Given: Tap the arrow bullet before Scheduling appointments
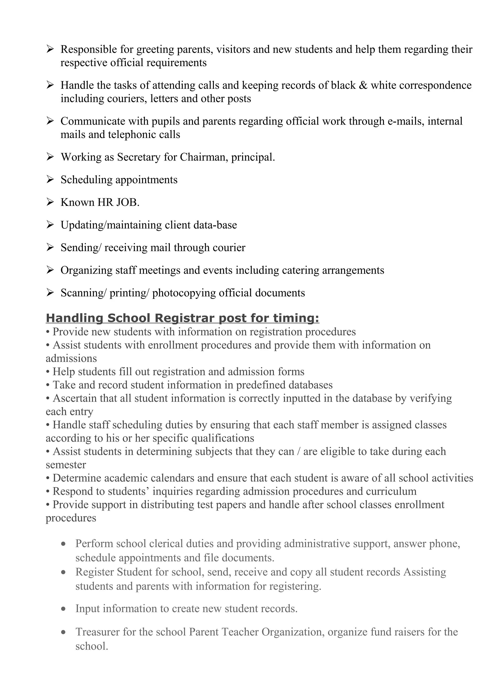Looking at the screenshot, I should click(50, 180).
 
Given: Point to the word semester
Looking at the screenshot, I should click(66, 465).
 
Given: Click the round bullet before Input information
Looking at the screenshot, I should click(63, 609).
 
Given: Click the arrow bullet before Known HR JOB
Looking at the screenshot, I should click(50, 202).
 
